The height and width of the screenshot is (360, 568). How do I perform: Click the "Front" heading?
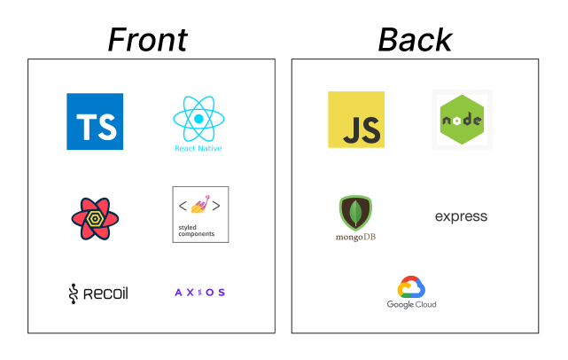[x=148, y=40]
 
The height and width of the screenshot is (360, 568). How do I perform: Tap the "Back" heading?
[x=415, y=40]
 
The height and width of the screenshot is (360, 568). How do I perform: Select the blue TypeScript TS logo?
[x=95, y=121]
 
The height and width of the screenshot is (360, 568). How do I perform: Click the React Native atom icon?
[x=198, y=119]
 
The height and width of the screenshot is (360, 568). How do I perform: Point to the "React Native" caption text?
[x=198, y=148]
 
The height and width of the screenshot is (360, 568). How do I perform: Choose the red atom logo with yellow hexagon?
[x=95, y=219]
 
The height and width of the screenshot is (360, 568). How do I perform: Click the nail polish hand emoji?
[x=200, y=204]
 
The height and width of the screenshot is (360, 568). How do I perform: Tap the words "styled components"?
[x=197, y=231]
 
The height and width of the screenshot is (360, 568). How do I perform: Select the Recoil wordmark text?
[x=105, y=293]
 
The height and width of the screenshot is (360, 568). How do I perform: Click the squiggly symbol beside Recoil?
[x=74, y=293]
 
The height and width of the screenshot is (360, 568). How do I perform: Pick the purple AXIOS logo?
[x=200, y=293]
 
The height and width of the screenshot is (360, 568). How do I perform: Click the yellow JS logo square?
[x=356, y=120]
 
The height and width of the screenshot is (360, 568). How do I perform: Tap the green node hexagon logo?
[x=462, y=120]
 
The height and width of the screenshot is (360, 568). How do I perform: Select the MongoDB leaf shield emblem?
[x=355, y=213]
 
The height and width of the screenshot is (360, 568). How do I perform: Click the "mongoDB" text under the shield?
[x=355, y=237]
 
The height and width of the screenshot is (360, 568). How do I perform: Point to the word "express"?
[x=461, y=216]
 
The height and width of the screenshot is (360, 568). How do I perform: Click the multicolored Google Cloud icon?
[x=411, y=286]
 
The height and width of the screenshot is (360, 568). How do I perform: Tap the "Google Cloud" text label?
[x=411, y=304]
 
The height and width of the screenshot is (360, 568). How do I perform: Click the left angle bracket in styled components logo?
[x=183, y=206]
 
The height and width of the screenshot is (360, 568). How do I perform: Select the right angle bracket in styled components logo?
[x=216, y=206]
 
